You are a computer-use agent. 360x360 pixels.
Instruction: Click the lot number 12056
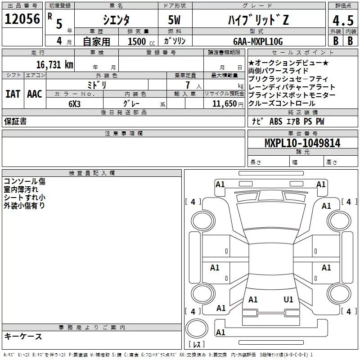(22, 19)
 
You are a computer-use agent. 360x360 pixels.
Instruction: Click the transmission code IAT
(13, 94)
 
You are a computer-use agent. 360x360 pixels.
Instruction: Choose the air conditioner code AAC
(34, 94)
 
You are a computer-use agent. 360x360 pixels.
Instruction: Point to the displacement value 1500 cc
(140, 41)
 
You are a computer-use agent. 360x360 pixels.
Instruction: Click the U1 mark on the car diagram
(288, 299)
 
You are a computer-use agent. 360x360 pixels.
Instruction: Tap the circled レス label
(196, 344)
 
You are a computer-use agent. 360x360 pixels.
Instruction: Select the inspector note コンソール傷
(25, 181)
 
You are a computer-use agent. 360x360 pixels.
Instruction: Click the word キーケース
(23, 336)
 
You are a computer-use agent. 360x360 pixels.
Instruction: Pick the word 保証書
(15, 121)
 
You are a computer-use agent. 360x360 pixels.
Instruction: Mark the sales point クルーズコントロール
(282, 103)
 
